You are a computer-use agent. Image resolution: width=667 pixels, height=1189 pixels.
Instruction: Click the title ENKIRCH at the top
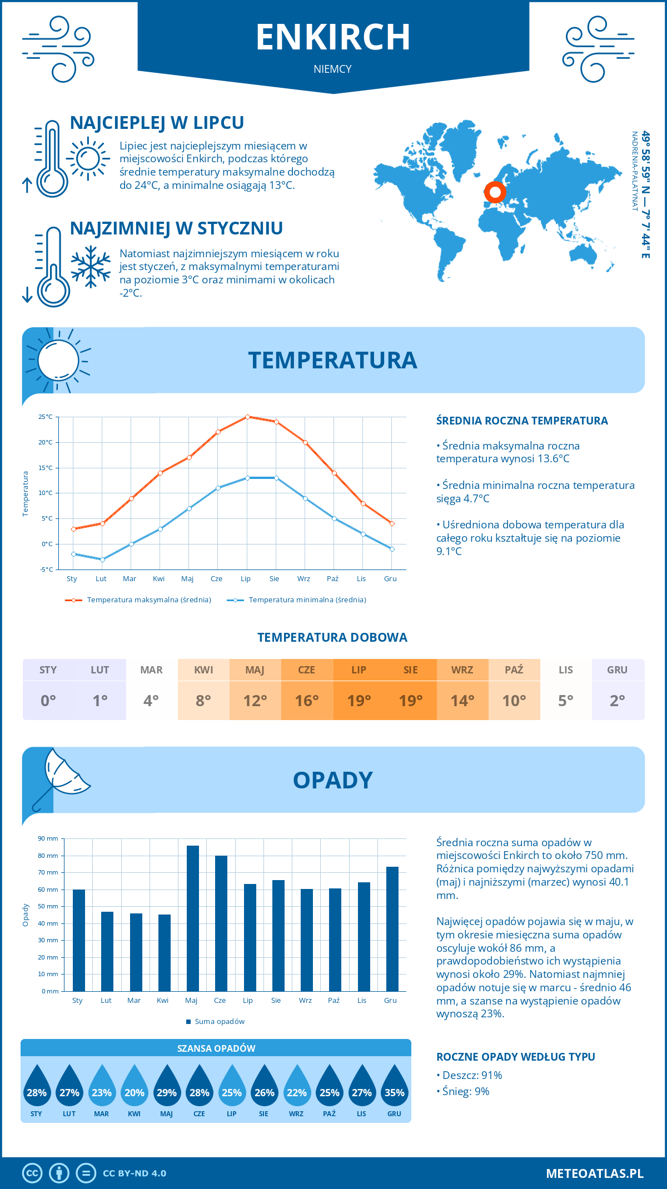(333, 37)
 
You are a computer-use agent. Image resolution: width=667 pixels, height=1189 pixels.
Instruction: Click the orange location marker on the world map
(495, 192)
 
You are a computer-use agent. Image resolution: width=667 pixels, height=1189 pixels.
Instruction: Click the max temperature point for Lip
(247, 417)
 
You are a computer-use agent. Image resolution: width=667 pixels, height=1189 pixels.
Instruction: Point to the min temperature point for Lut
(102, 559)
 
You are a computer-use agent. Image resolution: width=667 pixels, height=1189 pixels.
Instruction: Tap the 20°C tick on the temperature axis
(46, 442)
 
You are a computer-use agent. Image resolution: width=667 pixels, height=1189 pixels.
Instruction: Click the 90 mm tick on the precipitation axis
(48, 838)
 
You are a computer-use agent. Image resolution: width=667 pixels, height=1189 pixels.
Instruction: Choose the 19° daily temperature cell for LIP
(359, 701)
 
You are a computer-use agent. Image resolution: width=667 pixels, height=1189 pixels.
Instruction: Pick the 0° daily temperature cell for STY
(48, 701)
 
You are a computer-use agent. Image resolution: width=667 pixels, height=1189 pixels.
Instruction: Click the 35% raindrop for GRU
(394, 1088)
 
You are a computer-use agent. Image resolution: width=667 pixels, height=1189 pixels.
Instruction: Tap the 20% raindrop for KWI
(135, 1088)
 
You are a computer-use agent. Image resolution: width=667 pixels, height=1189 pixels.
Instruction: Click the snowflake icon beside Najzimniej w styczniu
(91, 267)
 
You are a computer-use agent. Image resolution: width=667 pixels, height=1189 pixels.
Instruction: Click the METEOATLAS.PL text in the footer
(595, 1173)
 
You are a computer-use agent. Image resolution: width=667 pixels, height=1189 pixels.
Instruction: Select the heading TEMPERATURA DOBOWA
(332, 637)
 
